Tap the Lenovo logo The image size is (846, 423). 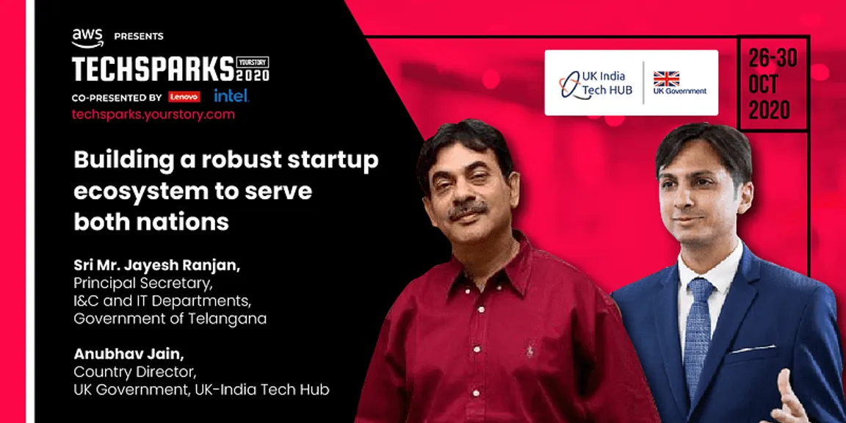coord(184,97)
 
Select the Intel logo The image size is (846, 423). coord(231,96)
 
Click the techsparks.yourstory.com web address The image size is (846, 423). coord(153,115)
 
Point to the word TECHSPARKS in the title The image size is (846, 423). coord(153,68)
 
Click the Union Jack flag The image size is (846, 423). coord(666,79)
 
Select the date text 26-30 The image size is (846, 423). coord(772,59)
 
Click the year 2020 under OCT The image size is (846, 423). coord(769,110)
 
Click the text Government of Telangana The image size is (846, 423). coord(170,319)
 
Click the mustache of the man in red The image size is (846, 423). coord(468,210)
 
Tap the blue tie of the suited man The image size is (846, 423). coord(698,330)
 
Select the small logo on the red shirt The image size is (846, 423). coord(530,351)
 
